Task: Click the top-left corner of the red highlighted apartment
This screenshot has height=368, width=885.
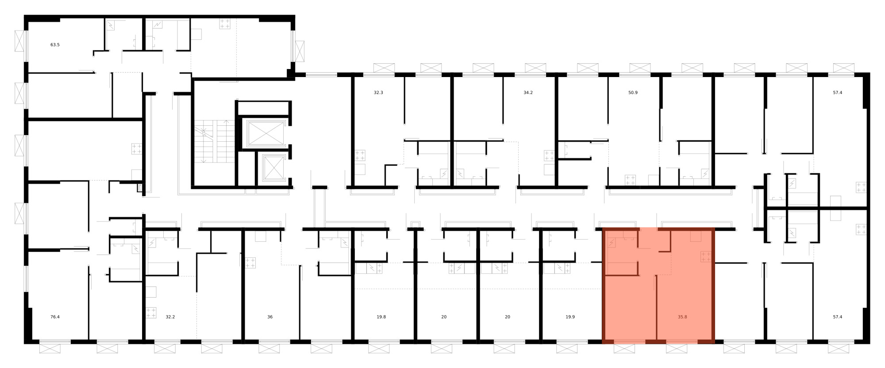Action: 603,228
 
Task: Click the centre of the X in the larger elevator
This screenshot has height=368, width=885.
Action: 265,133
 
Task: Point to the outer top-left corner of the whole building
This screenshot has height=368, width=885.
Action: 24,15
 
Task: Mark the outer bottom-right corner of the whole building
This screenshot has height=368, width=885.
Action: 870,344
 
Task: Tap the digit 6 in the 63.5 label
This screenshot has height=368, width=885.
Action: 52,45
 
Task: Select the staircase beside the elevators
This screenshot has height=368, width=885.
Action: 215,141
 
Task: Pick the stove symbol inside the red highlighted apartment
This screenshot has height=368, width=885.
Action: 706,257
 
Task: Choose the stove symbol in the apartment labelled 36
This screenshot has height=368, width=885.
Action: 250,263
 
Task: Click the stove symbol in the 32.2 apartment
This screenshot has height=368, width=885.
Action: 151,313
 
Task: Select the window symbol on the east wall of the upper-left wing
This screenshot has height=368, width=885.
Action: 300,51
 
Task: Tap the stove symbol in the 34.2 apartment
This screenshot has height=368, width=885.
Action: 549,156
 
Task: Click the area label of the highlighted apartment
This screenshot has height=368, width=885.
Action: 682,317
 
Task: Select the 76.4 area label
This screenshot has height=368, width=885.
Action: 55,317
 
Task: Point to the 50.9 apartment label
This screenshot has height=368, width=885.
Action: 633,93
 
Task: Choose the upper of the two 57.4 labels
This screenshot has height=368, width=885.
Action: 838,93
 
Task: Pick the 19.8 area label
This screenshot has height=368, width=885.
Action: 381,317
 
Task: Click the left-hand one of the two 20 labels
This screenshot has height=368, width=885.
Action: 444,317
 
